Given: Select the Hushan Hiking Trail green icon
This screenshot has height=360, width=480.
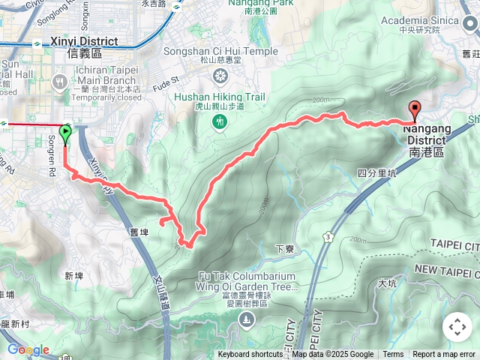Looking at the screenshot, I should tap(219, 121).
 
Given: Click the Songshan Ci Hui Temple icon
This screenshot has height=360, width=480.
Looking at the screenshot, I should tap(220, 75).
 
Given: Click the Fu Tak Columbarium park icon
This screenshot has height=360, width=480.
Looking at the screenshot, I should tap(245, 322).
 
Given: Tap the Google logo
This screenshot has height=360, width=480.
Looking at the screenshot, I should tap(28, 350).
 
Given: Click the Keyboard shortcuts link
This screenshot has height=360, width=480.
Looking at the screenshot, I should tap(251, 355).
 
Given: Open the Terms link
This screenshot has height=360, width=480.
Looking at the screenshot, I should tap(393, 355).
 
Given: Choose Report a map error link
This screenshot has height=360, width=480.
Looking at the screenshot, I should tap(443, 355).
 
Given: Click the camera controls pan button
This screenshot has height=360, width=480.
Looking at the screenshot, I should tap(457, 328).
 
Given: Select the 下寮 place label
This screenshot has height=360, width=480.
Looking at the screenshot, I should tap(283, 248).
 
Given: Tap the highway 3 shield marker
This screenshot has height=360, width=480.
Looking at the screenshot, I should tap(328, 237).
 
